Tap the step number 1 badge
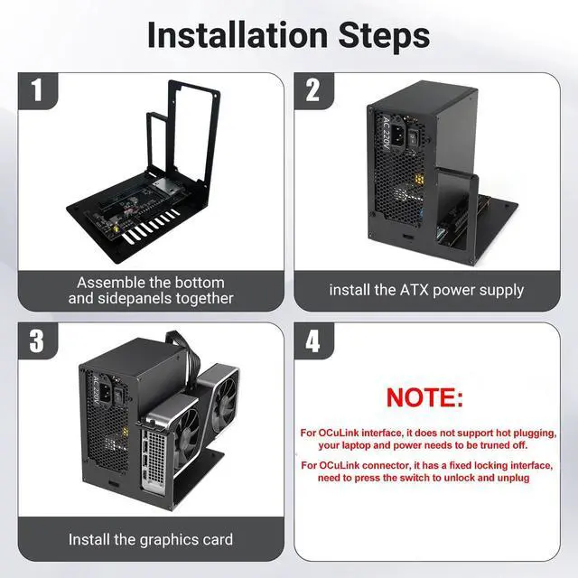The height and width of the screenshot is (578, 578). tap(36, 90)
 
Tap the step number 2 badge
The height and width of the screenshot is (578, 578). tap(313, 90)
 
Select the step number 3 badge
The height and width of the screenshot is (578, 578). tap(36, 340)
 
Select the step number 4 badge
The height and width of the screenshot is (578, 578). tap(313, 340)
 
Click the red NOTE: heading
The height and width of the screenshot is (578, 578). tap(424, 397)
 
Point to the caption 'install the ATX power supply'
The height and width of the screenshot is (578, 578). tap(426, 290)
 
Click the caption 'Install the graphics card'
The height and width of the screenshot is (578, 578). tap(151, 539)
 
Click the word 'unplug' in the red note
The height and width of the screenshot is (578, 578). tap(511, 478)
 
